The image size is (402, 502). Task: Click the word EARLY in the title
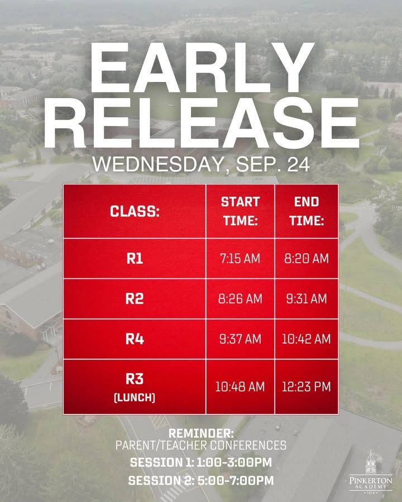[x=202, y=68]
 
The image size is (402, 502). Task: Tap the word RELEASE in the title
[x=202, y=123]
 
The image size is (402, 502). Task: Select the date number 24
[x=299, y=165]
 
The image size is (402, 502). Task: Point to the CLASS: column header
[x=135, y=211]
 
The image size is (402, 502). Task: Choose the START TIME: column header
[x=241, y=211]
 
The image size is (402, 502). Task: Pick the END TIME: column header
[x=307, y=211]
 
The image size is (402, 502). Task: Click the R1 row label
[x=135, y=258]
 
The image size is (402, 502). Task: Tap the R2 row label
[x=135, y=299]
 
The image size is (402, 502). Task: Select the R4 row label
[x=135, y=339]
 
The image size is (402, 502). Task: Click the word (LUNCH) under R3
[x=135, y=398]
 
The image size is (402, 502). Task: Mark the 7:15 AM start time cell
[x=240, y=258]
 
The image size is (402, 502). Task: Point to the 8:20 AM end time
[x=307, y=258]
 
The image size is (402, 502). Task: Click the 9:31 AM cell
[x=307, y=299]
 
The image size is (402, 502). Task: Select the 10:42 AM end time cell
[x=306, y=339]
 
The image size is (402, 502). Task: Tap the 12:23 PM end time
[x=306, y=387]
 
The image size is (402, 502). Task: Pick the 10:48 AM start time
[x=240, y=387]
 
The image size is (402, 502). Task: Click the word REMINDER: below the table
[x=202, y=433]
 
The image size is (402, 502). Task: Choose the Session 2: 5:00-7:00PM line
[x=201, y=481]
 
